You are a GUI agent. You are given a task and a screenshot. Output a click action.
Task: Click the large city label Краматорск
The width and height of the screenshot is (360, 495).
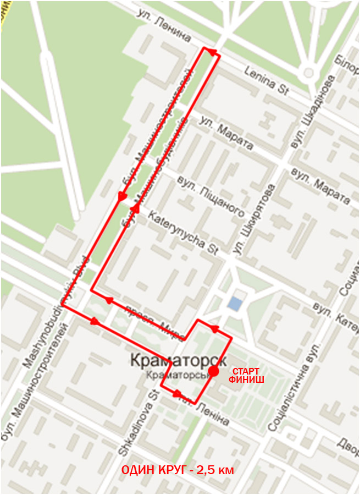click(179, 361)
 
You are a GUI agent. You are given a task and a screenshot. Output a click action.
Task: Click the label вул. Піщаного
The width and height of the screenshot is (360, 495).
click(209, 195)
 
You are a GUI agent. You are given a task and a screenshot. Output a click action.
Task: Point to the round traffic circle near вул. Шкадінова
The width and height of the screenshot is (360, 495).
click(308, 71)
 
